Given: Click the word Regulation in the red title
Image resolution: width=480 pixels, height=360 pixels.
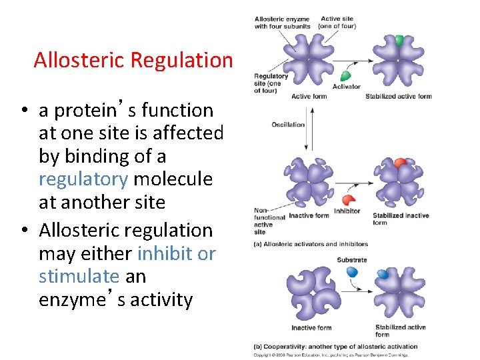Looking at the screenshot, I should click(x=181, y=61).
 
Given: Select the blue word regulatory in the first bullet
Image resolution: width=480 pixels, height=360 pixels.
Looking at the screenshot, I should click(x=83, y=179).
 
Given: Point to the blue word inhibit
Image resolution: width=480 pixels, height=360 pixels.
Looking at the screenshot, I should click(x=164, y=253).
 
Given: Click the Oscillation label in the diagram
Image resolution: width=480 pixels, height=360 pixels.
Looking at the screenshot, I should click(x=288, y=125).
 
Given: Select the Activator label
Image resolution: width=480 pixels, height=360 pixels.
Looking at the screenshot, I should click(x=346, y=87).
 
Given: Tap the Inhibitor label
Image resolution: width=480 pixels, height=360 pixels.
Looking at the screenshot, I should click(x=346, y=211).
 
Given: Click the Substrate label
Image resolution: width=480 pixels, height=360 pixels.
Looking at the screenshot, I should click(x=352, y=260).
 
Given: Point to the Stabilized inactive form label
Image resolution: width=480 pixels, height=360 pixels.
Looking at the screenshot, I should click(x=399, y=219).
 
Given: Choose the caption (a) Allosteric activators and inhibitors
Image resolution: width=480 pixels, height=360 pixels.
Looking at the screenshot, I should click(x=311, y=245).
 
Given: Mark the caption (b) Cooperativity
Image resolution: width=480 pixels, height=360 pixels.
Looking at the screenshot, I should click(x=335, y=347).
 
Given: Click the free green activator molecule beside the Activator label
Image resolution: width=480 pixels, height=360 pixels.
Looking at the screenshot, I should click(x=346, y=74).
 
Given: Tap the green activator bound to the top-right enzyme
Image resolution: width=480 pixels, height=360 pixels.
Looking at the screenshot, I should click(x=399, y=40).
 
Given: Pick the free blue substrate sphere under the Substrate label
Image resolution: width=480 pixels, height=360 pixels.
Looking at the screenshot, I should click(x=352, y=272).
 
